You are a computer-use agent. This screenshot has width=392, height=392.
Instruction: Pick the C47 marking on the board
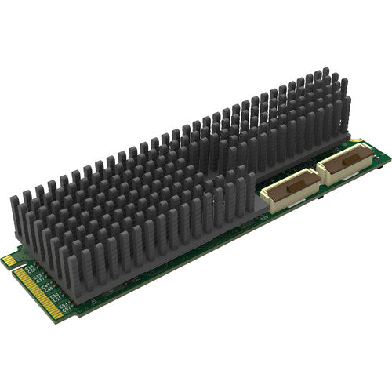(x=45, y=287)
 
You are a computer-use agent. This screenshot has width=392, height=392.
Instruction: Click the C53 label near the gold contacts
(x=62, y=306)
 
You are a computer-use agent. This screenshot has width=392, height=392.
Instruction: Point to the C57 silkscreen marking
(x=64, y=310)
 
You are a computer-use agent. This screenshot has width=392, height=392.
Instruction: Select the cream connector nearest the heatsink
(x=291, y=189)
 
